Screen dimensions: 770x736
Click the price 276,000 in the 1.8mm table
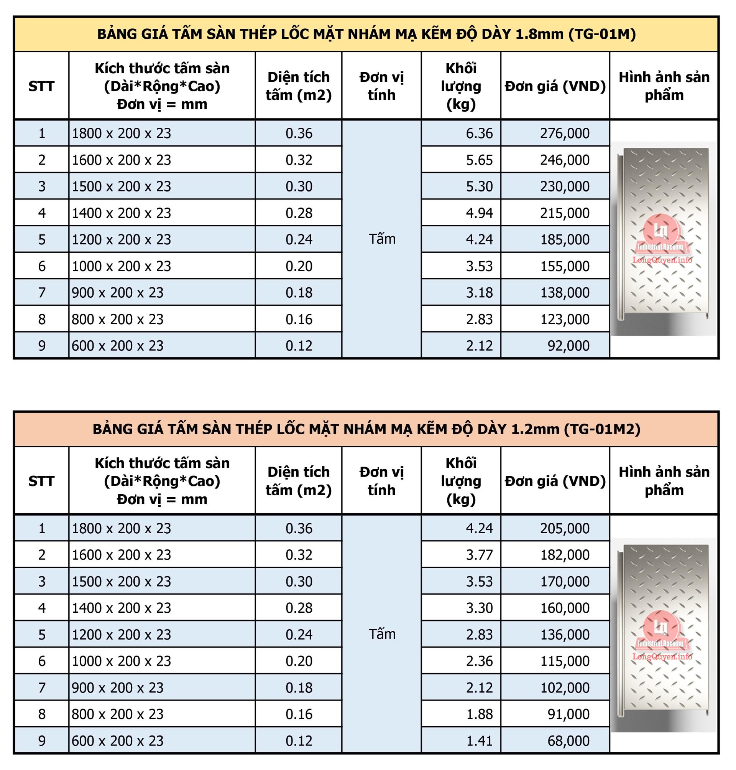click(x=565, y=134)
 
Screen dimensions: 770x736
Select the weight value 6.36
click(x=479, y=134)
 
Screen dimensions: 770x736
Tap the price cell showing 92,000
click(x=568, y=346)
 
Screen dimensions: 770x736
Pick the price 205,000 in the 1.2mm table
click(x=565, y=529)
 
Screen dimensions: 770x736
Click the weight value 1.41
click(x=479, y=740)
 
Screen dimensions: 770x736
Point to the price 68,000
click(x=568, y=740)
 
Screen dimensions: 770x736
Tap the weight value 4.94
click(x=479, y=213)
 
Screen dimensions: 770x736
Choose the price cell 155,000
click(x=565, y=266)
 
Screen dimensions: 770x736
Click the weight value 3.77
click(x=479, y=555)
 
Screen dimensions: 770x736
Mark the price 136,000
click(x=565, y=635)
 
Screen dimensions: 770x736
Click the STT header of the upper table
click(x=41, y=86)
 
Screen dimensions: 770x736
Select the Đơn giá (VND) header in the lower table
click(x=555, y=481)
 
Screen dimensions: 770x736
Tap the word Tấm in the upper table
click(x=382, y=239)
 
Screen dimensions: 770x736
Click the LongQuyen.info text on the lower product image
click(x=662, y=656)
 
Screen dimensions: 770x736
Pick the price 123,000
click(x=565, y=319)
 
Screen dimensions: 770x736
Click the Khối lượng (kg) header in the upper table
click(x=461, y=86)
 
